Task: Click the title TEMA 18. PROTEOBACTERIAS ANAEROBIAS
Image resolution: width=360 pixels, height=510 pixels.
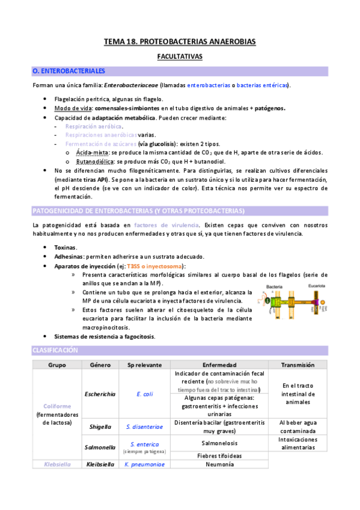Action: [180, 41]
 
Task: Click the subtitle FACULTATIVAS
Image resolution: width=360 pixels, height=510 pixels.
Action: [180, 57]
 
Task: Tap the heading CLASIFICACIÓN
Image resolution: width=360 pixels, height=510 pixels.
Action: [55, 350]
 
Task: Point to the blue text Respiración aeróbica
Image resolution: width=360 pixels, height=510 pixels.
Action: [94, 127]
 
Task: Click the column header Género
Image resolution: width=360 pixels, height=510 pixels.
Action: [100, 365]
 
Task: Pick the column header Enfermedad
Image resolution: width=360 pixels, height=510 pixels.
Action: [219, 365]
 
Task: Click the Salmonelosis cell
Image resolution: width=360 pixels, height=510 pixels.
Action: [219, 443]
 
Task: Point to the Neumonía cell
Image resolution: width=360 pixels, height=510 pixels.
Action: [219, 464]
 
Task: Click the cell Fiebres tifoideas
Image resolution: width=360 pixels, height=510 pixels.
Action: [219, 455]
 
